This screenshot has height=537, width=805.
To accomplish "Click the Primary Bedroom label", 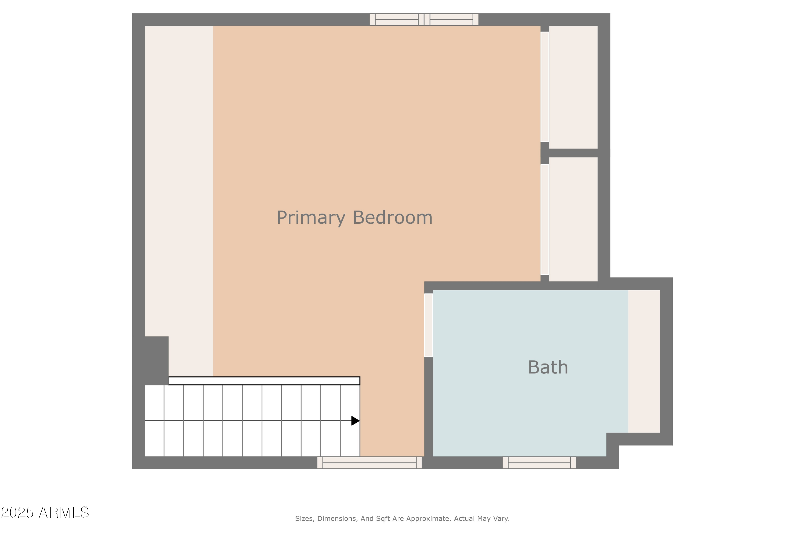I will coord(354,218).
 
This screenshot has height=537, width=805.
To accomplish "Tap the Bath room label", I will coord(548,368).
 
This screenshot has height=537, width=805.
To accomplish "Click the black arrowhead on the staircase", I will coord(355,421).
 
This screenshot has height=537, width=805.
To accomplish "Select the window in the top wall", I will coord(424,20).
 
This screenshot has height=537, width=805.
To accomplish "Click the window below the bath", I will coord(539,463).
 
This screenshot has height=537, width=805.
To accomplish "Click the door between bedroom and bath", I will coord(429,325).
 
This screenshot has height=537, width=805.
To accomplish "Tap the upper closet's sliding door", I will coord(544,87).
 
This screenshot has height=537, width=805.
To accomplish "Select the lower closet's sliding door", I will coord(544,220).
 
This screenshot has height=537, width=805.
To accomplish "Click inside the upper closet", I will coord(573,87).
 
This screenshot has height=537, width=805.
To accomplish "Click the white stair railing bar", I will coord(264,381).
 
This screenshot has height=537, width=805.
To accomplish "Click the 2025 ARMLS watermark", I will coord(45,513).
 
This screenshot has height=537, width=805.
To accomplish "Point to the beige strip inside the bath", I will coord(644,361).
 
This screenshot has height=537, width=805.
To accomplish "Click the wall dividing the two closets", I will coord(573,153).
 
